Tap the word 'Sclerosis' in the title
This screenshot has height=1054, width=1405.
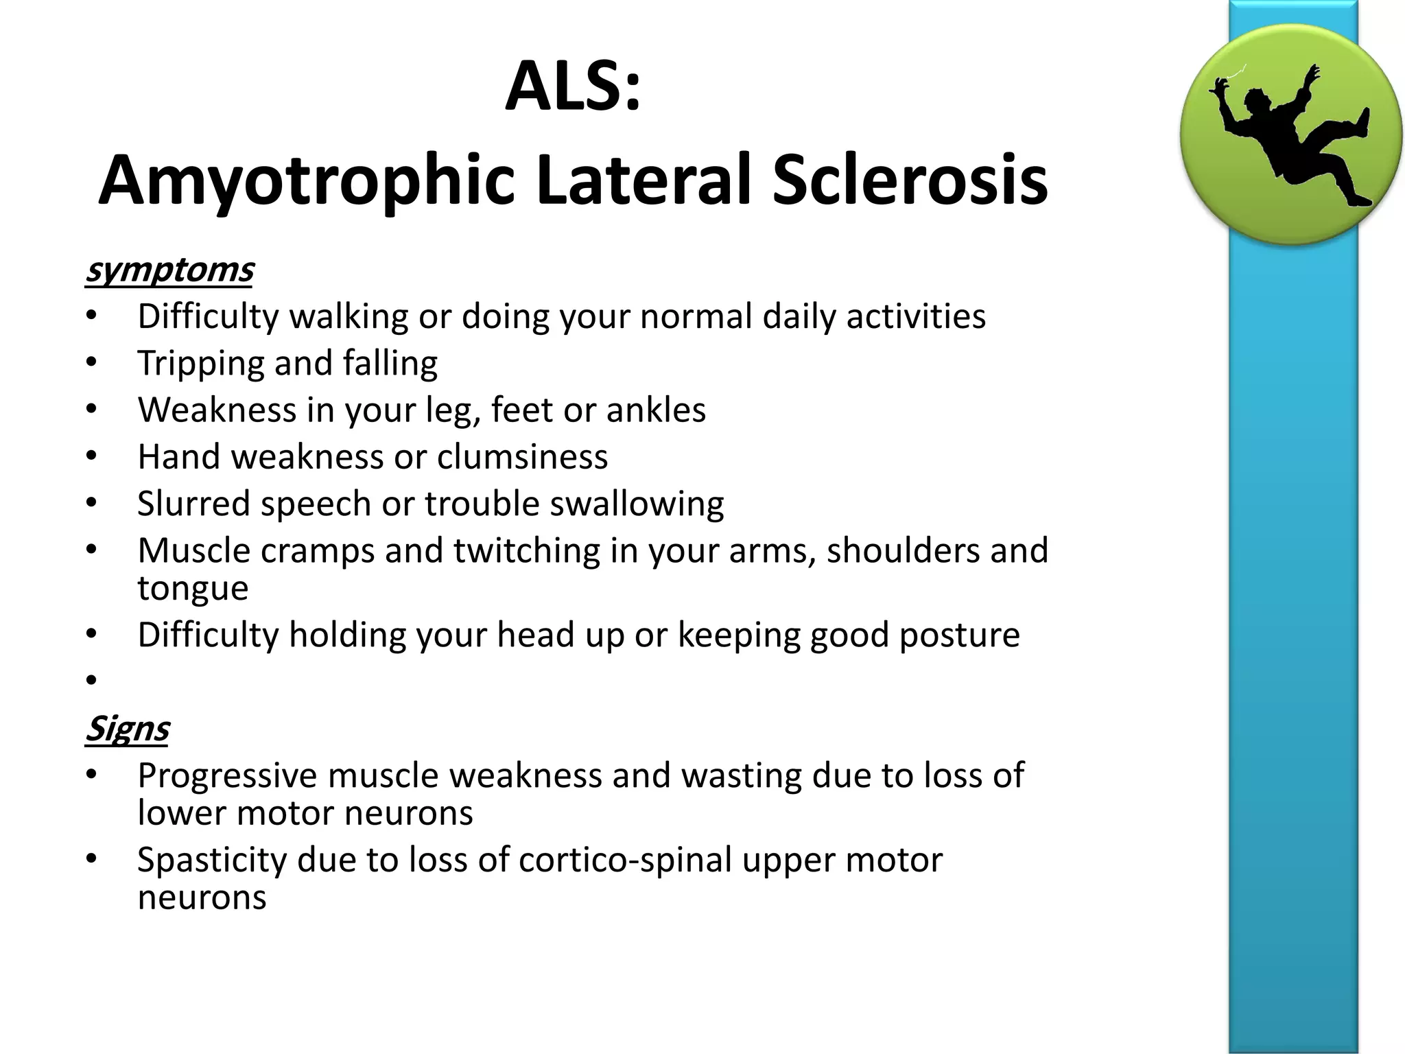(x=910, y=180)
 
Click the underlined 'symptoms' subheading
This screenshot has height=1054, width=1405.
(x=169, y=270)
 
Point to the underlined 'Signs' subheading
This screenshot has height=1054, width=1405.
(x=127, y=729)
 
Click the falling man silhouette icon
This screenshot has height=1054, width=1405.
(x=1290, y=134)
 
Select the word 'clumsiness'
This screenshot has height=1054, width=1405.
(x=522, y=457)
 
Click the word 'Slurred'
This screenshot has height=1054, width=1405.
(x=193, y=504)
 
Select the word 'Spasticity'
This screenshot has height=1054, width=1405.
(x=212, y=860)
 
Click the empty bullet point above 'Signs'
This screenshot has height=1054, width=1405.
(x=92, y=680)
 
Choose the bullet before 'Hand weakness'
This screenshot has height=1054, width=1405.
(x=92, y=457)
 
